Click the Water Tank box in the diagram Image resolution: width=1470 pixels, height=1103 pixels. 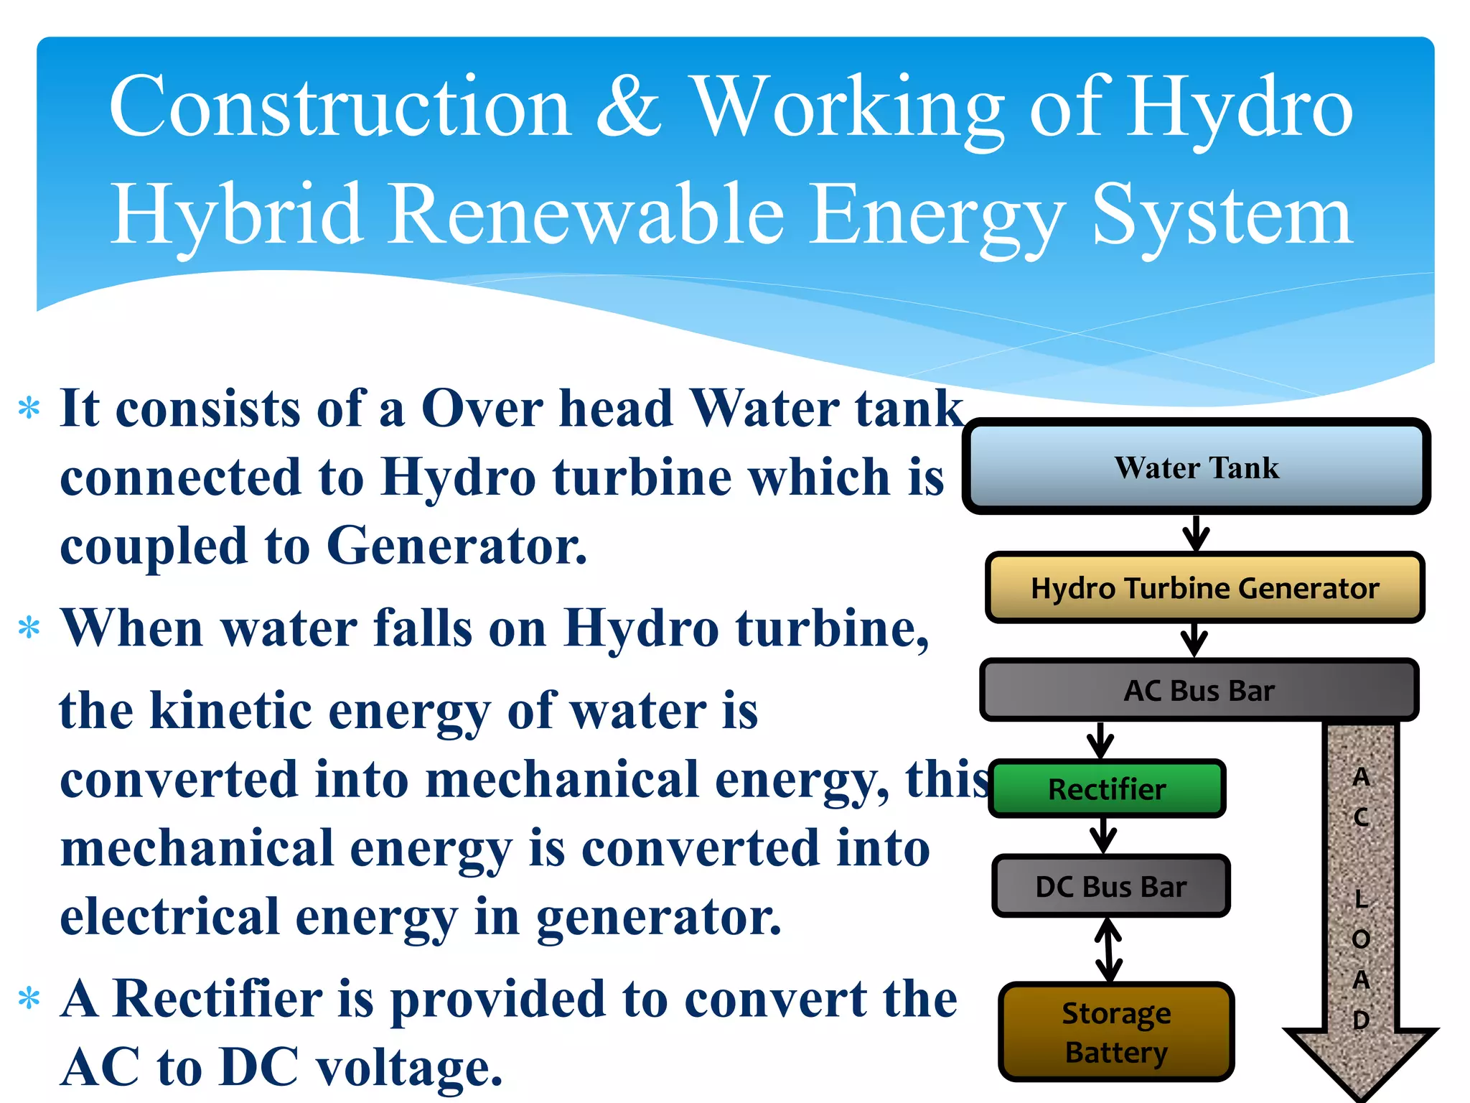click(x=1196, y=467)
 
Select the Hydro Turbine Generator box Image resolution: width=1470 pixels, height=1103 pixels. click(x=1204, y=587)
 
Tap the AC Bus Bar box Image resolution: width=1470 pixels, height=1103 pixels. click(x=1199, y=690)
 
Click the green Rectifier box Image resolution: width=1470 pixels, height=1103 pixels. click(x=1106, y=789)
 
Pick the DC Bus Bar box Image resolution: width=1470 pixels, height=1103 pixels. click(x=1110, y=886)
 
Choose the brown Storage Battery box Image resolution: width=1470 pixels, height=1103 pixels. click(x=1116, y=1032)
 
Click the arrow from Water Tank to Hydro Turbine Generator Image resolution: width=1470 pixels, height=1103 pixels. click(x=1196, y=534)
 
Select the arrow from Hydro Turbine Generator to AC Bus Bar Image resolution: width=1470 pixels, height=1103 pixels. click(x=1194, y=639)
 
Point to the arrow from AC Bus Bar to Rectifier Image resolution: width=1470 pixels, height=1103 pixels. click(x=1100, y=740)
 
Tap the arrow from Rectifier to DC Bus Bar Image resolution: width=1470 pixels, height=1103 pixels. click(x=1103, y=835)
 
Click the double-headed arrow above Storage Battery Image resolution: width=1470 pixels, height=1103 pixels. click(x=1109, y=949)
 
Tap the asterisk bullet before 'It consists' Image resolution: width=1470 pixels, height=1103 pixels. click(x=29, y=409)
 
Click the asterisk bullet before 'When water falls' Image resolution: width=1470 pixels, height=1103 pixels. click(x=29, y=628)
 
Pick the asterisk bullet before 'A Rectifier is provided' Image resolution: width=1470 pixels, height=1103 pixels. click(x=29, y=999)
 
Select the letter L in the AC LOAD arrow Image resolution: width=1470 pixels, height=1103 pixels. click(x=1361, y=898)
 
